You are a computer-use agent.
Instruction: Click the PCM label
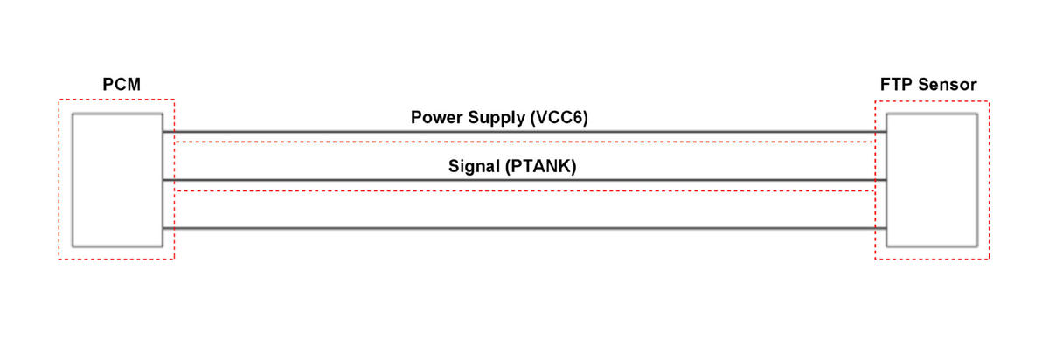click(x=122, y=84)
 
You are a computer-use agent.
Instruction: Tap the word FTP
click(x=896, y=84)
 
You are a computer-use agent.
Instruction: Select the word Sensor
click(x=948, y=84)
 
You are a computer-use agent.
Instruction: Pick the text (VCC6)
click(x=559, y=117)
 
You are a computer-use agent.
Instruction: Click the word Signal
click(x=474, y=166)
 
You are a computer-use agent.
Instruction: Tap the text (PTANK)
click(x=541, y=166)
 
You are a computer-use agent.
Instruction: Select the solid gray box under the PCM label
click(x=117, y=180)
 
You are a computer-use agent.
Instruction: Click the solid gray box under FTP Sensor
click(x=932, y=180)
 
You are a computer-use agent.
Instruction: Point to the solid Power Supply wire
click(x=524, y=132)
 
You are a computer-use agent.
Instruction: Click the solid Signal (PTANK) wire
click(x=524, y=180)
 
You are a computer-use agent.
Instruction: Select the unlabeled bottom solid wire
click(x=524, y=228)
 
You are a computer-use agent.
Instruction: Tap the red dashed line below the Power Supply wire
click(x=524, y=142)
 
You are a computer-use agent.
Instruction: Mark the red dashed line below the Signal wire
click(x=524, y=191)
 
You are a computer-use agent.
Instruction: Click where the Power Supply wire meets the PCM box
click(x=163, y=132)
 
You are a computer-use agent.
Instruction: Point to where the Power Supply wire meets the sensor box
click(x=886, y=132)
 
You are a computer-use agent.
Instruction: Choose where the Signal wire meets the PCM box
click(x=163, y=180)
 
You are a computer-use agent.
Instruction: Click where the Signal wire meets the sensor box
click(x=886, y=180)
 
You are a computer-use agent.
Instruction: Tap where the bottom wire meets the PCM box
click(x=163, y=228)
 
